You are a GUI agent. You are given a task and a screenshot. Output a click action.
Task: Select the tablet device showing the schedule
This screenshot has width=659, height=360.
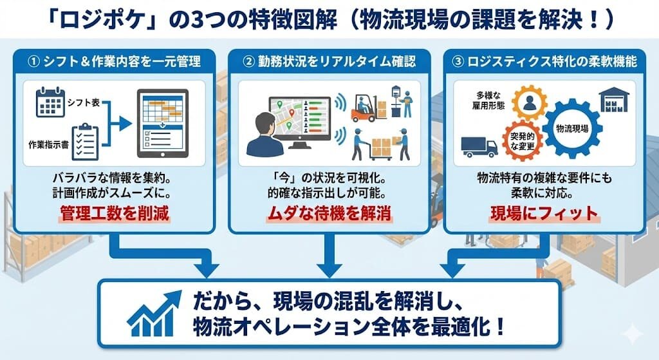tap(163, 124)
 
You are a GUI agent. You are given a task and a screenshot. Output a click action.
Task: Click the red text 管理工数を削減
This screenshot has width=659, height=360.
tap(115, 213)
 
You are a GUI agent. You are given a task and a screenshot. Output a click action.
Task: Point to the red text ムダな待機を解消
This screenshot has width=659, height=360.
tap(329, 213)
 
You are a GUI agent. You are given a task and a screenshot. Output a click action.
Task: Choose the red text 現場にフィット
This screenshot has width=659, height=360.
tap(544, 213)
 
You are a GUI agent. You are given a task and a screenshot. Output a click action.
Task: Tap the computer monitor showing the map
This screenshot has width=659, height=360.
tap(300, 122)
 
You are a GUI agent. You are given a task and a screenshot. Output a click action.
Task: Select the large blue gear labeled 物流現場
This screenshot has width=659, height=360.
tap(572, 128)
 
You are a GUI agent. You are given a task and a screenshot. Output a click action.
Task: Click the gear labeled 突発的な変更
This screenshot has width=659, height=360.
tap(523, 141)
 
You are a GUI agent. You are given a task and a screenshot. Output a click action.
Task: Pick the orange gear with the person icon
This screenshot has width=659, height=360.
tap(530, 102)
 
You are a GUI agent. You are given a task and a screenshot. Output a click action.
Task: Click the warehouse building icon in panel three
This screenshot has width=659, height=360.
tap(614, 100)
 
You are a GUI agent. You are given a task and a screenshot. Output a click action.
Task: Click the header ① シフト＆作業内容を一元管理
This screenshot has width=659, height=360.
tap(115, 62)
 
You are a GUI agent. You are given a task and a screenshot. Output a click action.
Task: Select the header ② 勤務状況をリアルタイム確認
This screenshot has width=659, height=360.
tap(329, 62)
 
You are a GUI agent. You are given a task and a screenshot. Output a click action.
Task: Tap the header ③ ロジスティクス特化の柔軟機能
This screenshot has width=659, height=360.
tap(544, 62)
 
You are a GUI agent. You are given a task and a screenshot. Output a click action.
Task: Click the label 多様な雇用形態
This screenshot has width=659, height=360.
tap(488, 100)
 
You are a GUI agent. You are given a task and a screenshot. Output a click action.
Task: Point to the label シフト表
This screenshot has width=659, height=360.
tap(84, 102)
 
